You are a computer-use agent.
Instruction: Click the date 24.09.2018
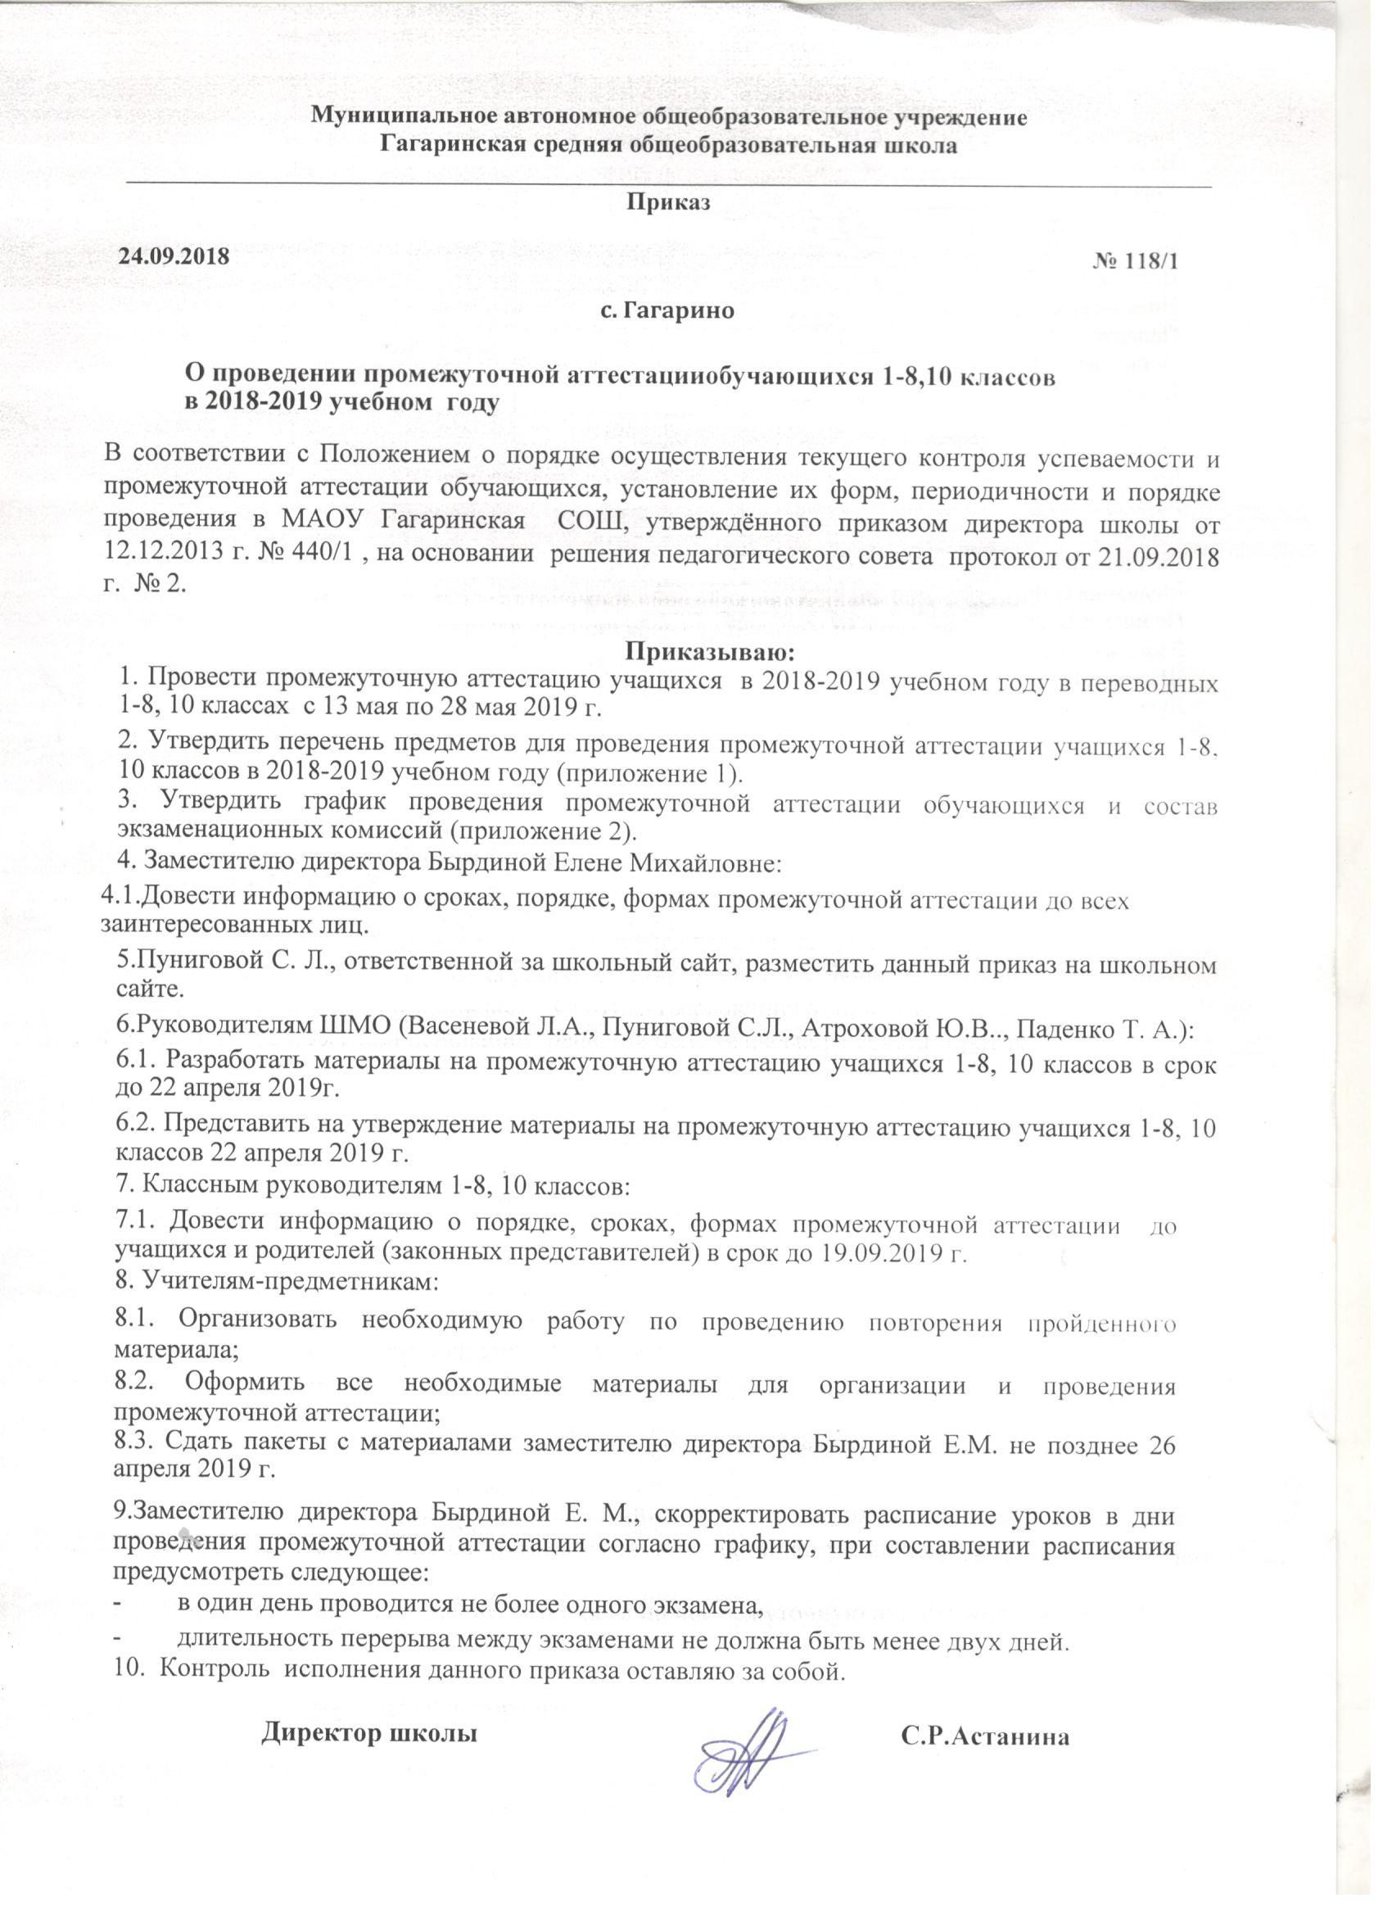(x=174, y=256)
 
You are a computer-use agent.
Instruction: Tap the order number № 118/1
(x=1136, y=261)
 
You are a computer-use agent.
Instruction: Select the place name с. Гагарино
(x=667, y=310)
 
